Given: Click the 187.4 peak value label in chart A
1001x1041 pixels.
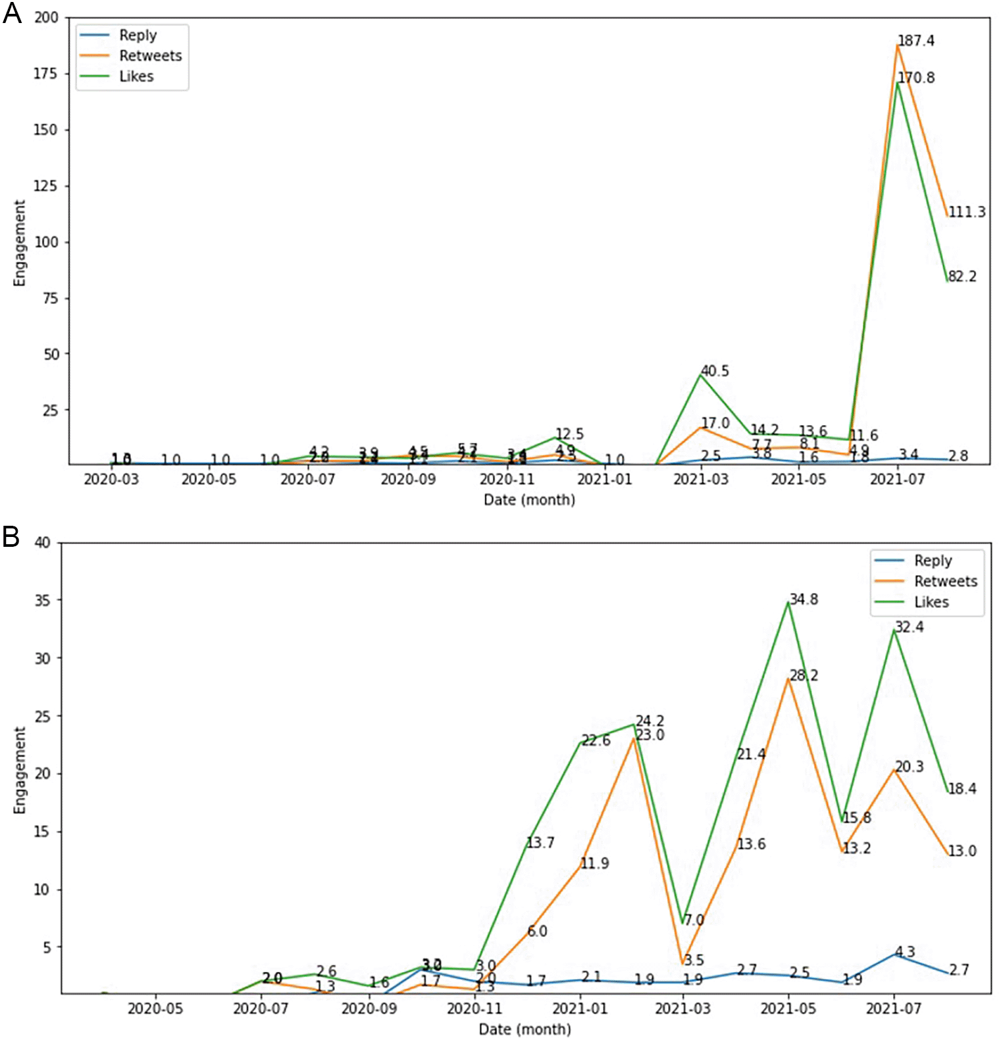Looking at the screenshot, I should click(x=915, y=41).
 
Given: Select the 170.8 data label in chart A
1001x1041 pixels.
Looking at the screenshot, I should click(x=915, y=78).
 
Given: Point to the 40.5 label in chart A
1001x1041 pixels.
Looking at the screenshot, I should click(x=714, y=371).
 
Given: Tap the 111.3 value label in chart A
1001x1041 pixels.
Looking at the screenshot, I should click(x=966, y=212).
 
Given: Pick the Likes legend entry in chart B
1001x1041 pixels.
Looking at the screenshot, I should click(x=931, y=602).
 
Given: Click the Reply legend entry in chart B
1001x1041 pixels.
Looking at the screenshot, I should click(x=933, y=561).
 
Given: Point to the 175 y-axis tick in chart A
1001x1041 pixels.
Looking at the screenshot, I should click(x=45, y=74).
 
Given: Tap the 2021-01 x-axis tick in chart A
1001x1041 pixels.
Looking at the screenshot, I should click(x=604, y=480).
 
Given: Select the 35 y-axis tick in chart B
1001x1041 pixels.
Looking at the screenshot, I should click(x=42, y=601).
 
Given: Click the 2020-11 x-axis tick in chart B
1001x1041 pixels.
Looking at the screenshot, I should click(x=474, y=1009).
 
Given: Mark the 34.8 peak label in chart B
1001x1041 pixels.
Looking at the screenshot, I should click(x=804, y=599).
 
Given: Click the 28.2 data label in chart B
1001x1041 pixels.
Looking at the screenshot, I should click(x=804, y=676).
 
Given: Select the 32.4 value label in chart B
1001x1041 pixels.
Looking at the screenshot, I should click(x=909, y=627).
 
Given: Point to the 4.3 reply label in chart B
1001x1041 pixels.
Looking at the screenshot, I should click(x=905, y=952).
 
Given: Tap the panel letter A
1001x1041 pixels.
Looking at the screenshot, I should click(x=12, y=13).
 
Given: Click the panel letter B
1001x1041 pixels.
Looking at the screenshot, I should click(x=11, y=537).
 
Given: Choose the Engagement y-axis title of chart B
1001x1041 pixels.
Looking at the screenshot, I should click(x=20, y=770).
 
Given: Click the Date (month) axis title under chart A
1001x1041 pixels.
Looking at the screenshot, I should click(x=529, y=500).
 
